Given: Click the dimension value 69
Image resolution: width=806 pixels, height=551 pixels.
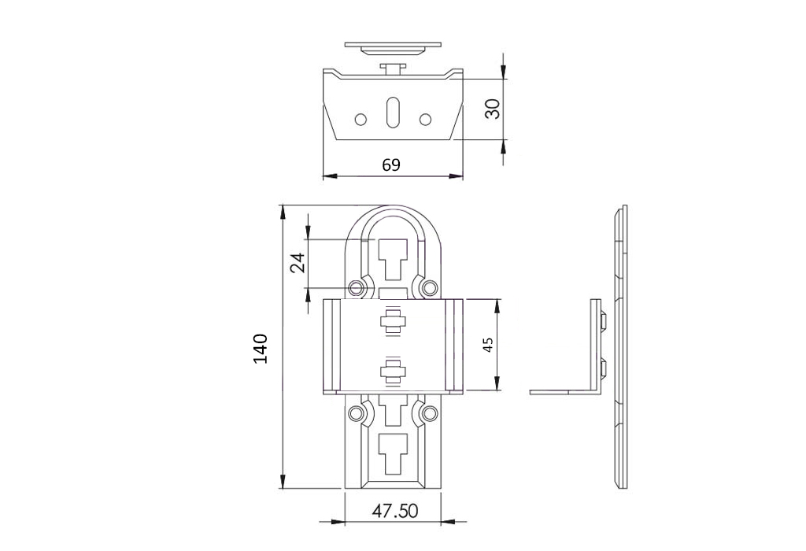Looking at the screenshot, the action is click(x=391, y=165).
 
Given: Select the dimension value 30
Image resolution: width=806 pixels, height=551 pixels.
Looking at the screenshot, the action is click(x=493, y=109).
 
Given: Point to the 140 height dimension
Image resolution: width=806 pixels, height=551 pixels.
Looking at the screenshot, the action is click(x=261, y=349).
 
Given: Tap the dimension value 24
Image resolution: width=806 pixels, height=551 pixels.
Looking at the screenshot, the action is click(x=298, y=263).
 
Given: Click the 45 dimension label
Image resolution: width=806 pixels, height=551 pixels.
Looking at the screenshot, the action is click(x=488, y=345).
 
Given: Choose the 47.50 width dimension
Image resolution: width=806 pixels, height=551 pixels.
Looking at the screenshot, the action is click(x=395, y=511).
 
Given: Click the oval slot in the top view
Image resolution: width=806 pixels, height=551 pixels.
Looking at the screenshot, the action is click(x=392, y=111).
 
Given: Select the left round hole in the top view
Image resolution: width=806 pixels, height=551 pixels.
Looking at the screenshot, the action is click(x=360, y=120).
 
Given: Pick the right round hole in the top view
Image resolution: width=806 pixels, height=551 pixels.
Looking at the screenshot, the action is click(x=424, y=120).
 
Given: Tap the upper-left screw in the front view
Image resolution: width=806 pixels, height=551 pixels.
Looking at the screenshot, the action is click(x=356, y=288).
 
